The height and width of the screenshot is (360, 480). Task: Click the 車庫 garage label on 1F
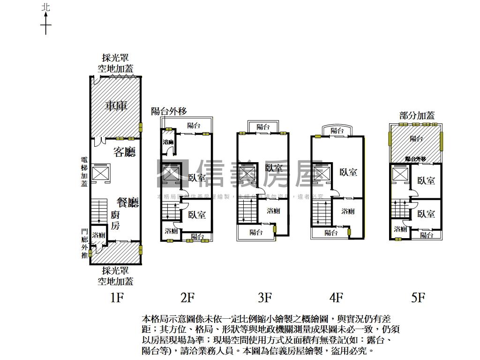point(116,106)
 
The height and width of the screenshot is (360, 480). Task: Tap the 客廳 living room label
point(124,152)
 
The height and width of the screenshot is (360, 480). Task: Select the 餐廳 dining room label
point(127,202)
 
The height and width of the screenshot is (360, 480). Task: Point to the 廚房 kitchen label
point(115,220)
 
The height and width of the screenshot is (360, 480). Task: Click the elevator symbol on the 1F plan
point(100,172)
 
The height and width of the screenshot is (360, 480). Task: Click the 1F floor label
point(116,297)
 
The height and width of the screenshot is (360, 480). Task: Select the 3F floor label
point(265,297)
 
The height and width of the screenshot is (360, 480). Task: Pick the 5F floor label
point(418,297)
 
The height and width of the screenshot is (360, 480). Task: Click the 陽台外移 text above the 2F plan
point(169,111)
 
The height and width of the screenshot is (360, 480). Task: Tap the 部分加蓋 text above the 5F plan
point(417,115)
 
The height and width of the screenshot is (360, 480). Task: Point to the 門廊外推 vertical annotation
point(84,243)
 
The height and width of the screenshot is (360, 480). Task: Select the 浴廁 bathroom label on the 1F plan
point(98,235)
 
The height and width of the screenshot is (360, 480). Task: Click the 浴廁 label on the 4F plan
point(348,211)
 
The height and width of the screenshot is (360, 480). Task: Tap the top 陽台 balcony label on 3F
point(263,127)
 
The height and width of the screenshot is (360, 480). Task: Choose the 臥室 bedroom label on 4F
point(348,172)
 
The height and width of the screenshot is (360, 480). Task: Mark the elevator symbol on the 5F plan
point(399,174)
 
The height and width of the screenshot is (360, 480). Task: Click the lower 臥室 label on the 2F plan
point(197,215)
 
